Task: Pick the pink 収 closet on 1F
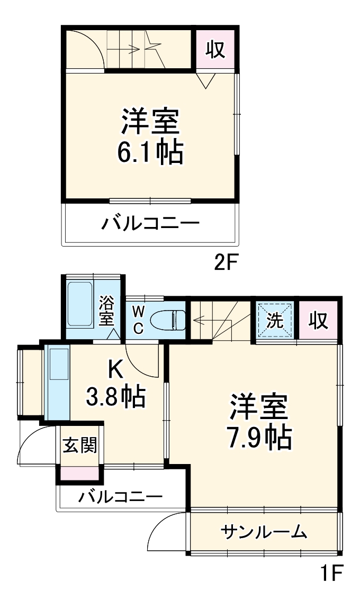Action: click(318, 321)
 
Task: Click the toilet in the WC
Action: click(167, 320)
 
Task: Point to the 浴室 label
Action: click(107, 311)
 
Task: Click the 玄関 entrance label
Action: click(80, 446)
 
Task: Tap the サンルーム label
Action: click(264, 531)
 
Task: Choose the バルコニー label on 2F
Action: click(151, 224)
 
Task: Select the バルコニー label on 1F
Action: click(121, 497)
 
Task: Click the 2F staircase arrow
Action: click(132, 48)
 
